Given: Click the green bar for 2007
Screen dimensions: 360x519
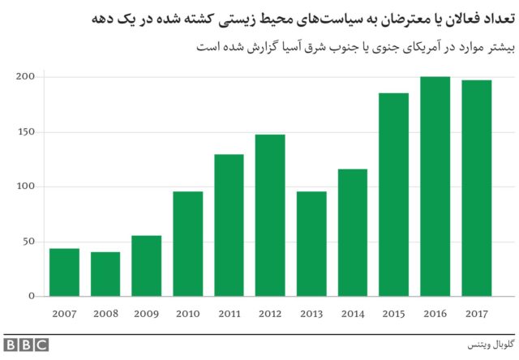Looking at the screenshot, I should (64, 272).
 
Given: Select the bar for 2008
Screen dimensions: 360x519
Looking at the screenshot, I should (105, 274).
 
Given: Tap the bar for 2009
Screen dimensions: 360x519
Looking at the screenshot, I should (146, 266).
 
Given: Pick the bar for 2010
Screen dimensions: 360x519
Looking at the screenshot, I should (187, 244).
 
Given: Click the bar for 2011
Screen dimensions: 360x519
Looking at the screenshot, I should (229, 225).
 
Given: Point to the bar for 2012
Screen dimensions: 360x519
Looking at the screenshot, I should (269, 216).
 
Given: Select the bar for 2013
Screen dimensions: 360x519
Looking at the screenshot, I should (311, 244).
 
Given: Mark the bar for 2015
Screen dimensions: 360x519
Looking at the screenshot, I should (393, 195).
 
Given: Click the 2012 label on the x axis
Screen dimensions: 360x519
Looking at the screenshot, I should (269, 312).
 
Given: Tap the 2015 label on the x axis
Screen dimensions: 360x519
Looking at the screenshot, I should (393, 312).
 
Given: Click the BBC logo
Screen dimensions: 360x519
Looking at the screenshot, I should (26, 344).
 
